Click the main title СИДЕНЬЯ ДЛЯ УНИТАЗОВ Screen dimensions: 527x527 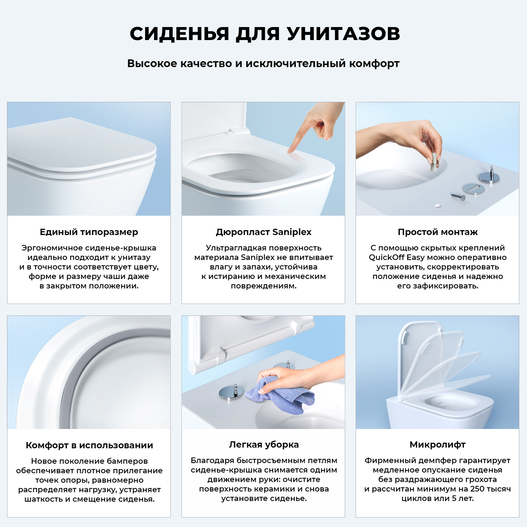pos(265,34)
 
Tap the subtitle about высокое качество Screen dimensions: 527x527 pos(263,64)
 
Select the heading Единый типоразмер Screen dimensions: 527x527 pos(89,232)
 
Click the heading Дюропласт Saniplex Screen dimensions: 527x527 pos(263,232)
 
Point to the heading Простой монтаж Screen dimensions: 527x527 pos(437,232)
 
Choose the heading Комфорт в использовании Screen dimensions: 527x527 pos(89,445)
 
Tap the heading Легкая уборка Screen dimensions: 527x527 pos(263,444)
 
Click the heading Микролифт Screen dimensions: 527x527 pos(437,444)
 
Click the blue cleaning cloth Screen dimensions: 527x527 pos(281,395)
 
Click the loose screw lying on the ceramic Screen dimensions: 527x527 pos(458,196)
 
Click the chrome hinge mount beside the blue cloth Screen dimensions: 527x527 pos(231,392)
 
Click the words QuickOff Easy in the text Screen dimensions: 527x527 pos(397,257)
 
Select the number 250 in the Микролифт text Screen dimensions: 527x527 pos(477,489)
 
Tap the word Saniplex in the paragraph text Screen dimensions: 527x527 pos(258,257)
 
